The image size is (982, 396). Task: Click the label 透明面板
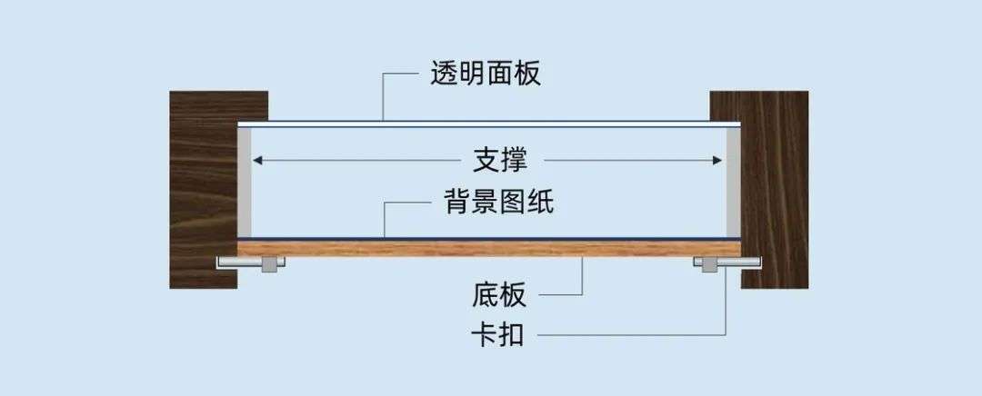pyautogui.click(x=486, y=74)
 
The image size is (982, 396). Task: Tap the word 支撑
pyautogui.click(x=500, y=161)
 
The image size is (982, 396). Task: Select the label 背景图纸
pyautogui.click(x=499, y=202)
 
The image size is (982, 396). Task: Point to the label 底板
pyautogui.click(x=499, y=295)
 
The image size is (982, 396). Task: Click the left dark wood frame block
pyautogui.click(x=204, y=190)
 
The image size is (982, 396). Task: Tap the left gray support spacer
pyautogui.click(x=245, y=182)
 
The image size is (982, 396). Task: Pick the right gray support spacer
pyautogui.click(x=734, y=182)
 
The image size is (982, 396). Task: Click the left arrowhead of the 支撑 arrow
pyautogui.click(x=256, y=161)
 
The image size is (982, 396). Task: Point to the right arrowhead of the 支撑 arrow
pyautogui.click(x=717, y=161)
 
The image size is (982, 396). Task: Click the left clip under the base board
pyautogui.click(x=251, y=263)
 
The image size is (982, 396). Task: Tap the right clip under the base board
pyautogui.click(x=727, y=263)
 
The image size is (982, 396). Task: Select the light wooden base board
pyautogui.click(x=489, y=249)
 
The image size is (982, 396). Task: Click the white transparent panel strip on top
pyautogui.click(x=489, y=124)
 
